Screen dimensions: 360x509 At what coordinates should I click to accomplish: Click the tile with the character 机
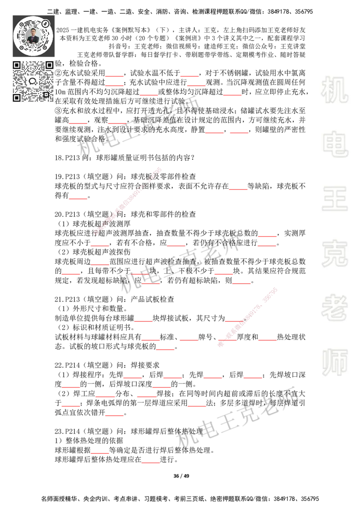pyautogui.click(x=334, y=90)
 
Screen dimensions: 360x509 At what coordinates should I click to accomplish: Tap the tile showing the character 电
pyautogui.click(x=336, y=144)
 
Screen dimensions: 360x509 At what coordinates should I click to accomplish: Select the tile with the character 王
pyautogui.click(x=334, y=199)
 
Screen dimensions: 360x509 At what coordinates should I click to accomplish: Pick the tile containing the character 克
pyautogui.click(x=334, y=254)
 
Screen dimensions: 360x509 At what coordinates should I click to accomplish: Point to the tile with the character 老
pyautogui.click(x=334, y=308)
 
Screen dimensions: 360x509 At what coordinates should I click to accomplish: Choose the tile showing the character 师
pyautogui.click(x=334, y=363)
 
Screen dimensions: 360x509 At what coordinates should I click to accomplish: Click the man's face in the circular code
pyautogui.click(x=33, y=35)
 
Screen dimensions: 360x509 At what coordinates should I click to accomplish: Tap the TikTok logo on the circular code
pyautogui.click(x=45, y=23)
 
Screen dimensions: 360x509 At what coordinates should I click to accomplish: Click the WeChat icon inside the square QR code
pyautogui.click(x=33, y=81)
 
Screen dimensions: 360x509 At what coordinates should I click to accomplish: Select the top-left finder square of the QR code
pyautogui.click(x=17, y=65)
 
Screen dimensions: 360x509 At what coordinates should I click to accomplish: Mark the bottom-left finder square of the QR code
pyautogui.click(x=17, y=98)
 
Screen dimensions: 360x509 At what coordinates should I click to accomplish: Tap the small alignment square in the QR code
pyautogui.click(x=45, y=94)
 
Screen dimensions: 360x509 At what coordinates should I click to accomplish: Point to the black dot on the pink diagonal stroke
pyautogui.click(x=245, y=320)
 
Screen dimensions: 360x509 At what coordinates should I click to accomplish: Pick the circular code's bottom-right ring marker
pyautogui.click(x=45, y=46)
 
